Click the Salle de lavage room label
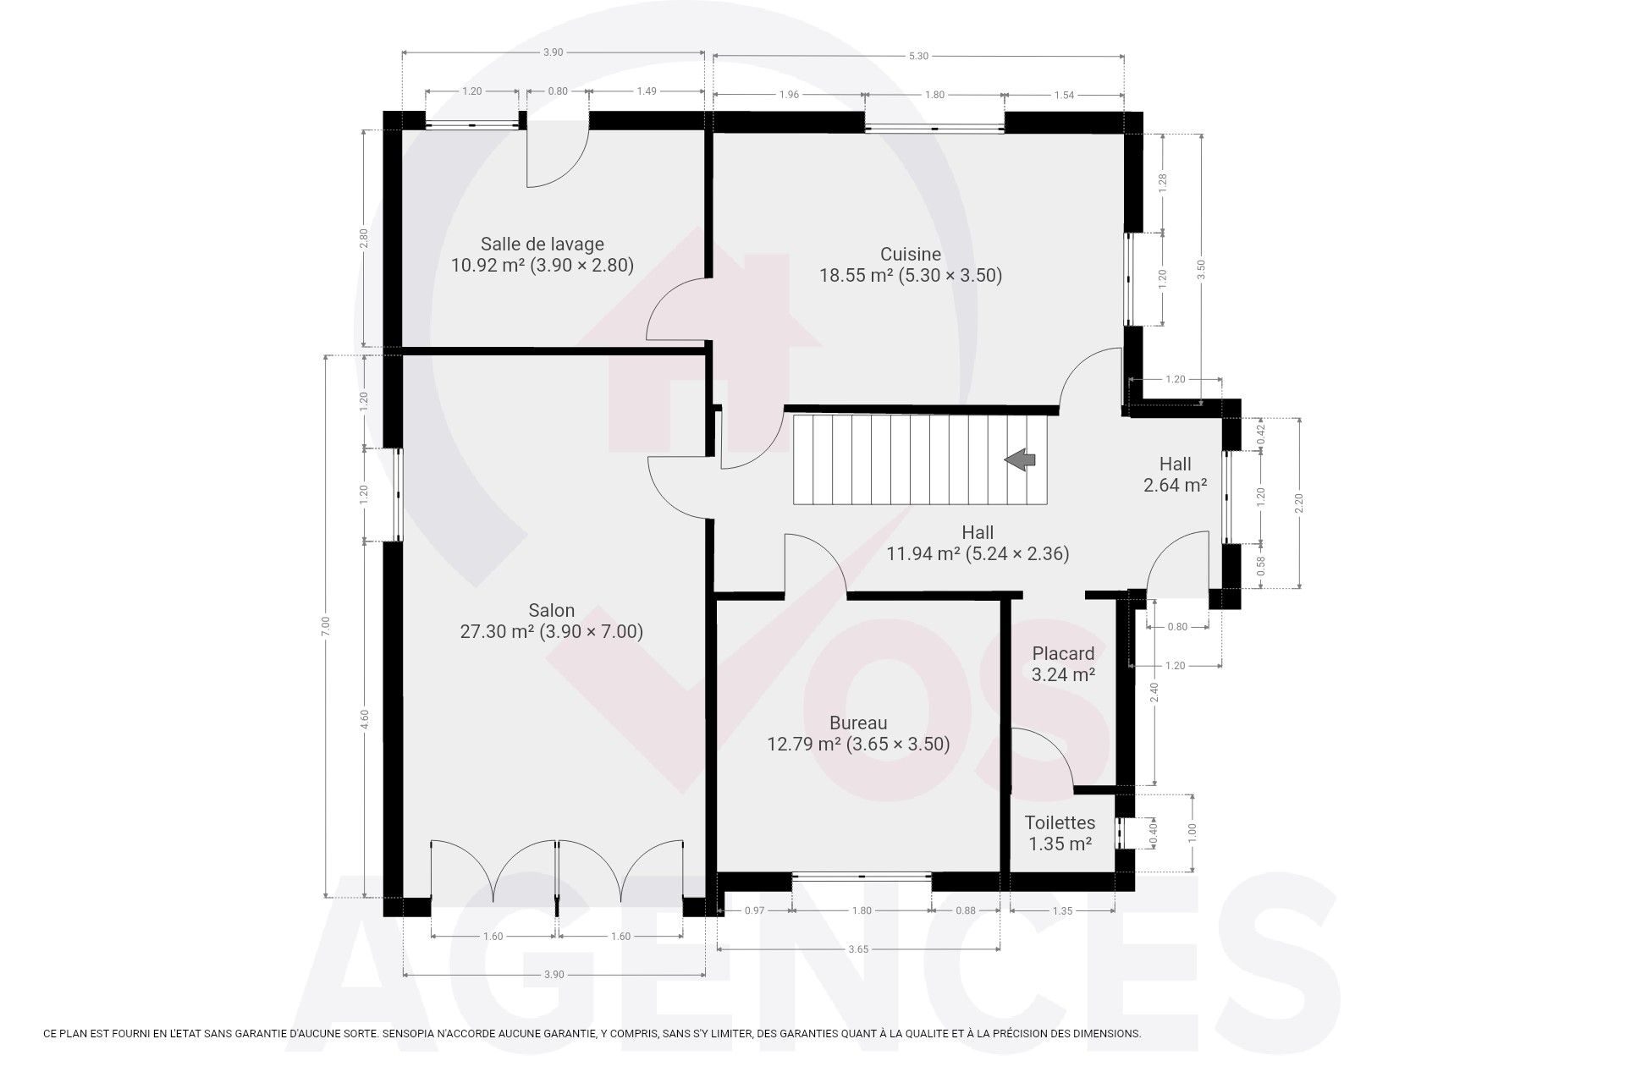tap(543, 245)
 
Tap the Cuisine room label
tap(911, 254)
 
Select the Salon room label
tap(552, 610)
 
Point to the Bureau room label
tap(858, 723)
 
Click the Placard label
tap(1063, 653)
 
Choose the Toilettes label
tap(1060, 822)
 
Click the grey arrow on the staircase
tap(1021, 459)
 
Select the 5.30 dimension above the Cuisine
tap(918, 56)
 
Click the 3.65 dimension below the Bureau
tap(858, 949)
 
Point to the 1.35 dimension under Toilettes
tap(1062, 911)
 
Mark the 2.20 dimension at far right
tap(1299, 503)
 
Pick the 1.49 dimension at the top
tap(647, 91)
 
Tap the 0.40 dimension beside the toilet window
tap(1152, 833)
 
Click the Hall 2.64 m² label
tap(1175, 475)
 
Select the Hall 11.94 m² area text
tap(978, 554)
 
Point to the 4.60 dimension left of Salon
tap(364, 719)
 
